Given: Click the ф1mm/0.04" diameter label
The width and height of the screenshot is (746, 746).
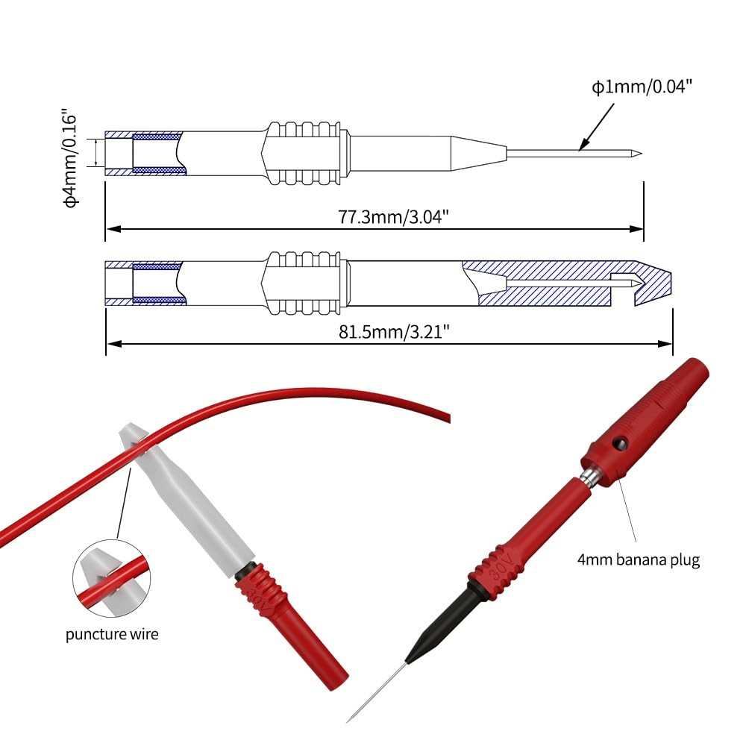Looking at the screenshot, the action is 642,87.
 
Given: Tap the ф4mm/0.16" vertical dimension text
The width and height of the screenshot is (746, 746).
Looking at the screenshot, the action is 70,161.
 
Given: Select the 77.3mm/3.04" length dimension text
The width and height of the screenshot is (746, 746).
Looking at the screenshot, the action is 393,216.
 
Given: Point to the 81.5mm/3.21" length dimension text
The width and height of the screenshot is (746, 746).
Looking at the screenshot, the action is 394,331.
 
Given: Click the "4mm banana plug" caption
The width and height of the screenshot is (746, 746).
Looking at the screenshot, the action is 639,559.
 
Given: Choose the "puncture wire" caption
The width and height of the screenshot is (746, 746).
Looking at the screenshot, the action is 112,634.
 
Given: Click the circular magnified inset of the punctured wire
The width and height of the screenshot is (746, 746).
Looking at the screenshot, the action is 112,579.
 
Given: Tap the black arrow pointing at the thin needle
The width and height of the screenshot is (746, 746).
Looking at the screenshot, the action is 596,127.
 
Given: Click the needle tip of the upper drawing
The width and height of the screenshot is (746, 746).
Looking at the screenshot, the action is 641,153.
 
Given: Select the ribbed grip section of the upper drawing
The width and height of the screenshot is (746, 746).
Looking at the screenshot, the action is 303,153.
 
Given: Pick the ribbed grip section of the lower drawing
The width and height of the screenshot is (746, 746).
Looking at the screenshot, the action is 303,283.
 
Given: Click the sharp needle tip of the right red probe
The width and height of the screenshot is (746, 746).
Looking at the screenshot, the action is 348,721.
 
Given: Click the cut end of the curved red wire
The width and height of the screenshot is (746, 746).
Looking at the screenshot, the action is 447,418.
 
